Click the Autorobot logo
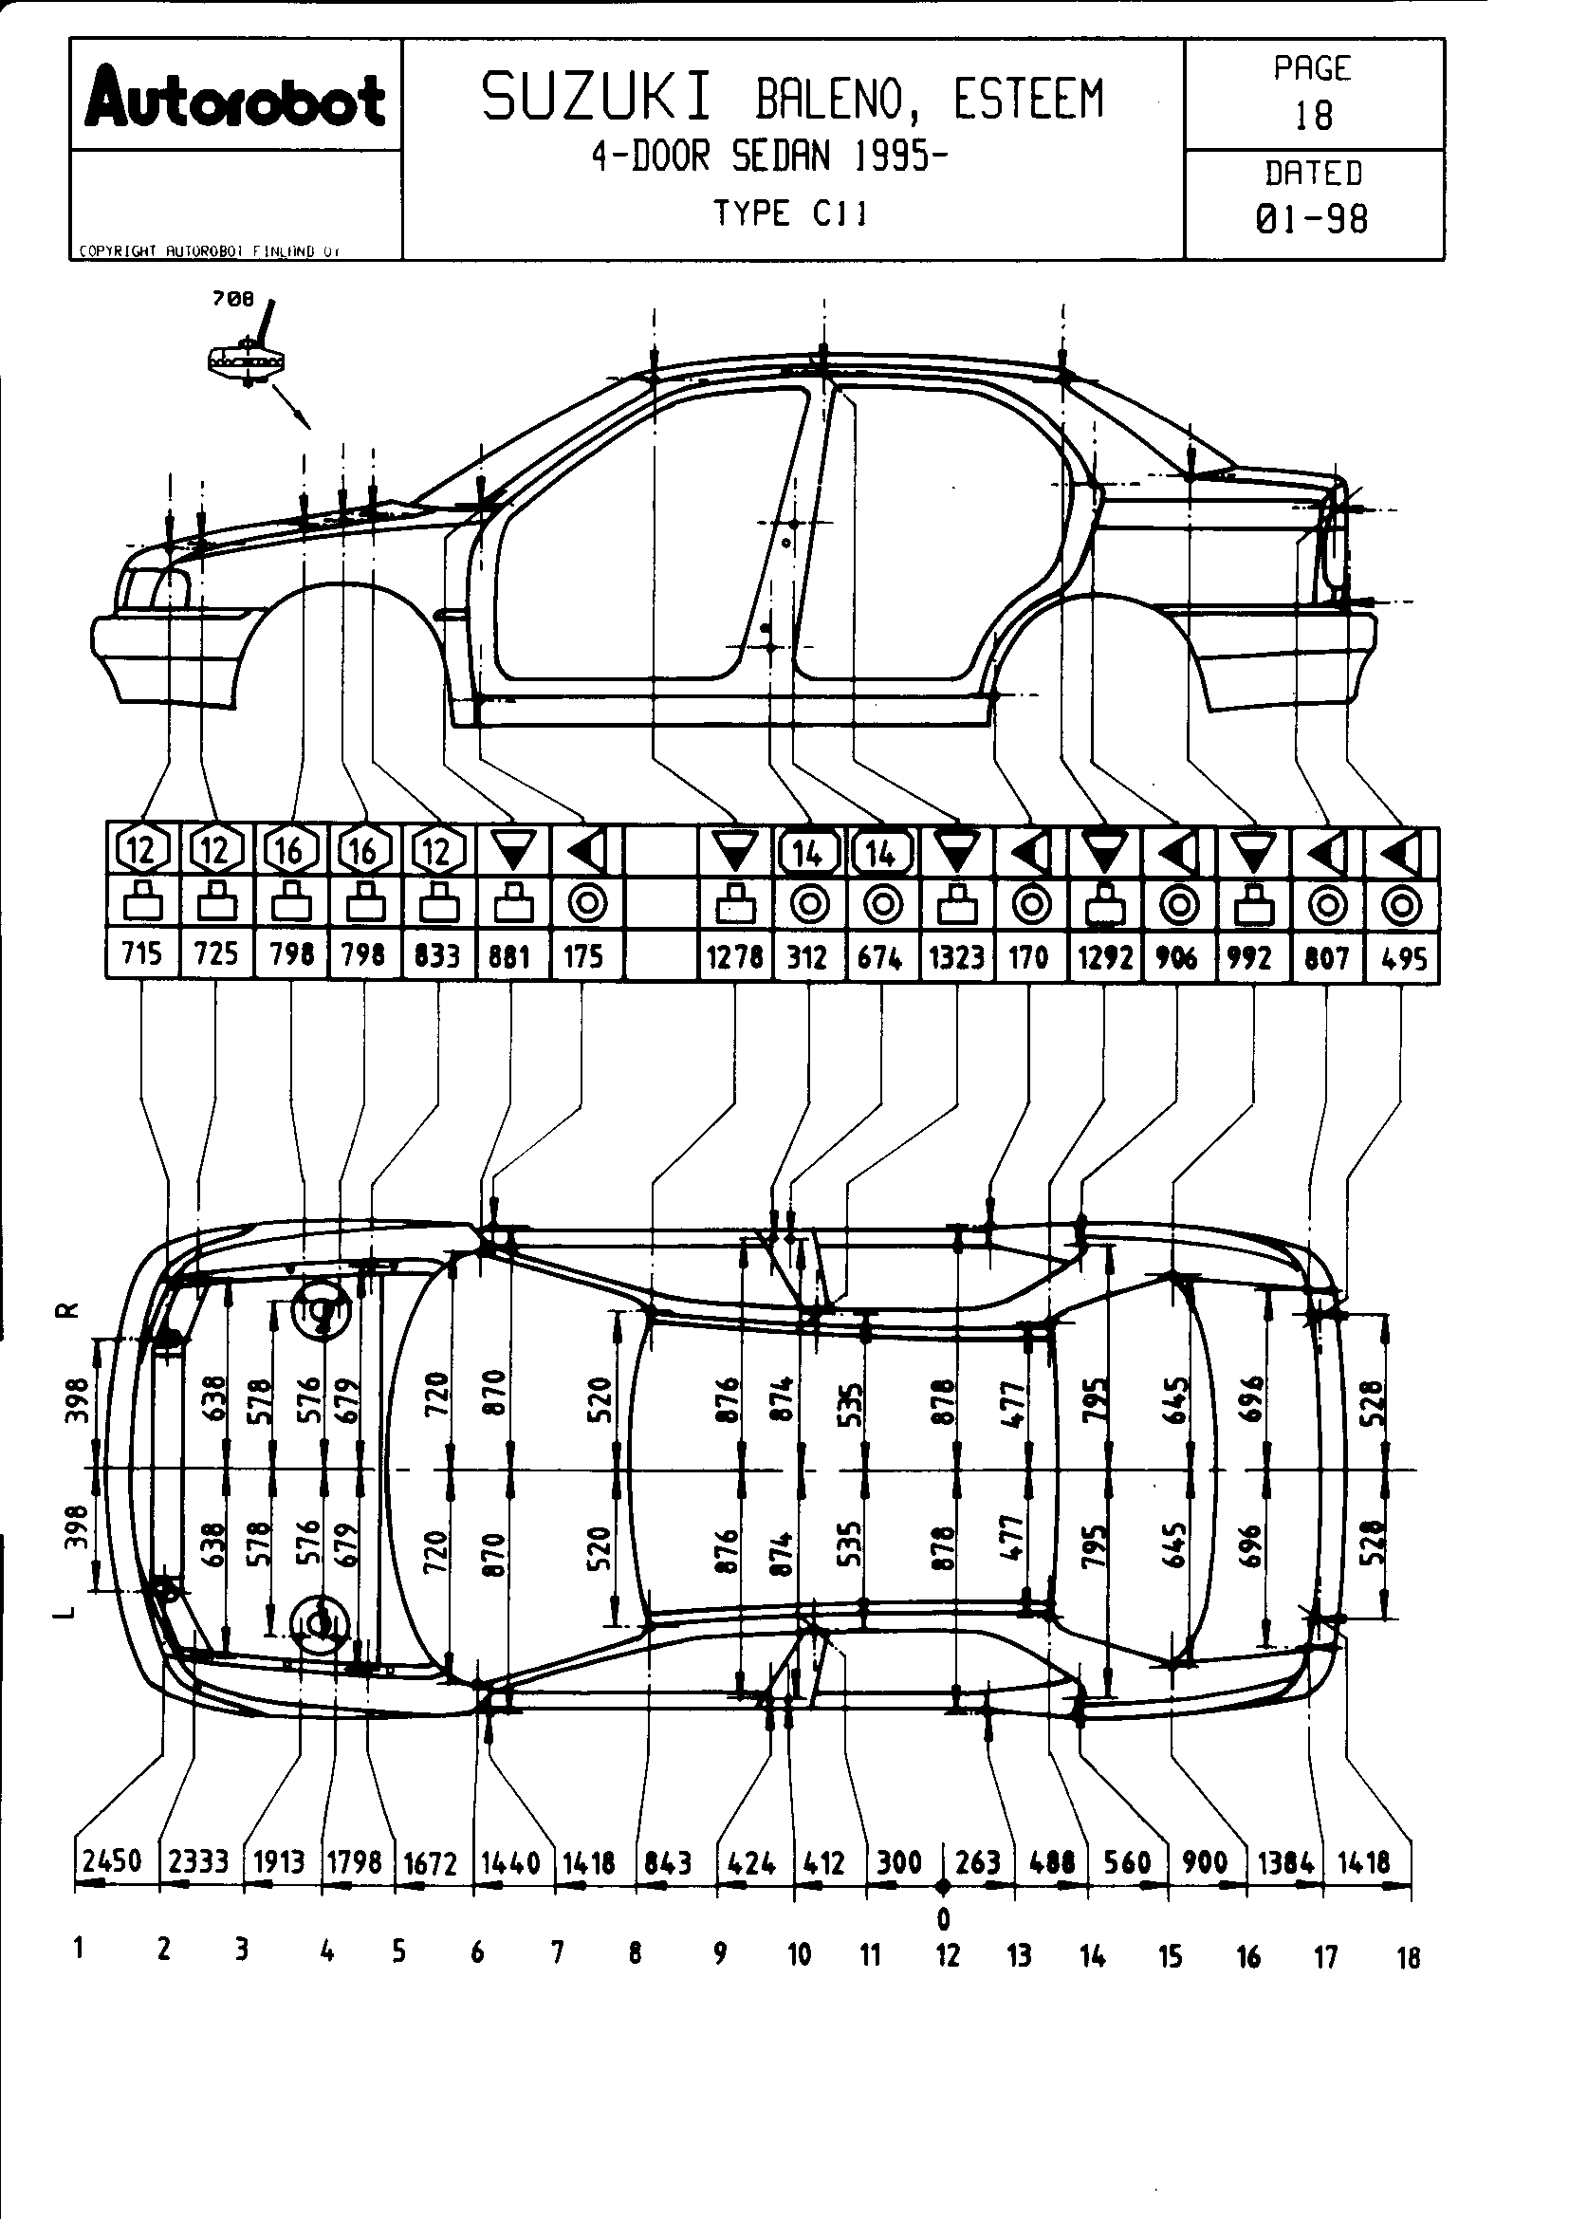click(x=234, y=100)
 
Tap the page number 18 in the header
click(x=1313, y=116)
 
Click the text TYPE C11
click(x=789, y=213)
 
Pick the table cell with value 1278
click(x=734, y=957)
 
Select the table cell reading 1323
click(x=956, y=957)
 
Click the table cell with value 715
click(x=141, y=955)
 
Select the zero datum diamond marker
click(x=944, y=1886)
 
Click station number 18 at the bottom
click(x=1409, y=1958)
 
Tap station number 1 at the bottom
click(x=77, y=1949)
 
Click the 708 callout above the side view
click(x=232, y=300)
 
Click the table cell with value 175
click(x=583, y=957)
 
